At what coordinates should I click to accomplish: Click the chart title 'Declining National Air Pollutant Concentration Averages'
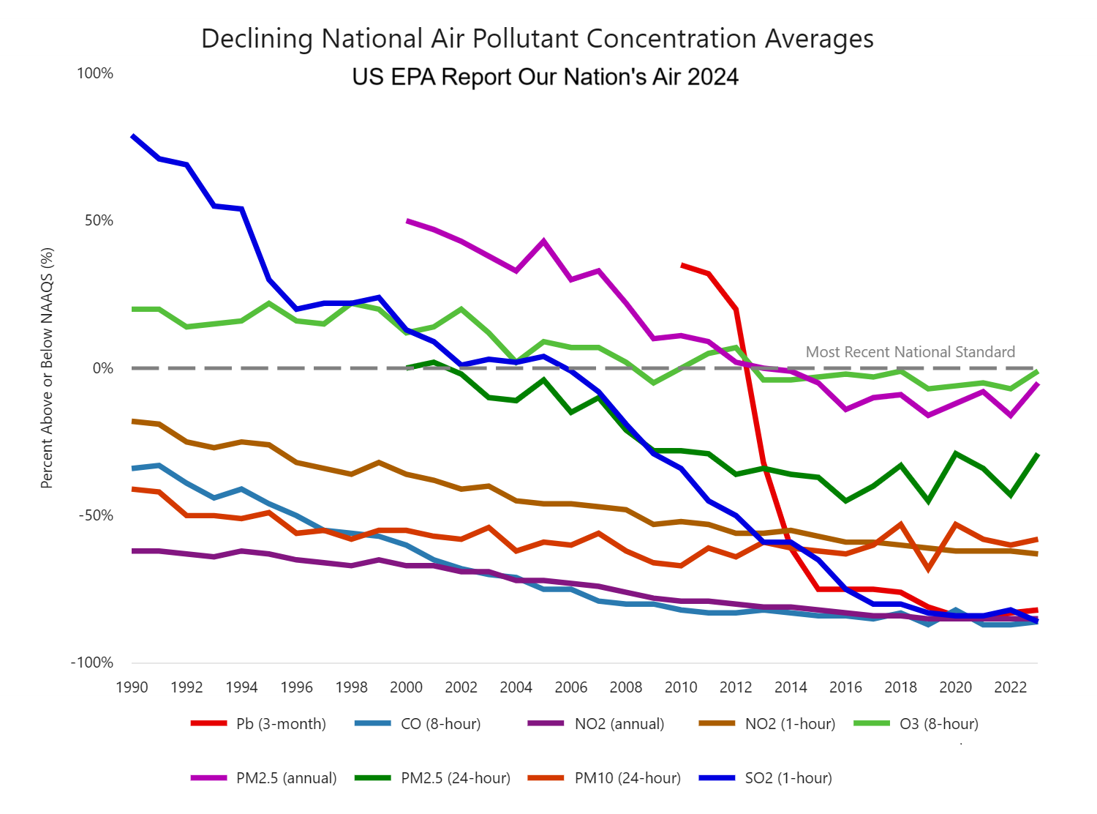click(x=538, y=39)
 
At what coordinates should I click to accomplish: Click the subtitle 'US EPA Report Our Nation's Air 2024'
click(x=545, y=77)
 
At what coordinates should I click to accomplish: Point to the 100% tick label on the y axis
click(x=95, y=73)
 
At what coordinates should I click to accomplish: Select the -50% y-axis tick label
click(x=96, y=515)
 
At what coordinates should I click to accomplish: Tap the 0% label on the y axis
click(x=102, y=368)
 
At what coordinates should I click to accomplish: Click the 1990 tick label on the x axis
click(x=132, y=687)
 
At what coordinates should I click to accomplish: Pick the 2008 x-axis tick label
click(x=626, y=687)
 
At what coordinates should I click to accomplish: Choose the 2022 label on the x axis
click(x=1011, y=687)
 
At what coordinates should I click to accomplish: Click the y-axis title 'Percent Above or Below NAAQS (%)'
click(x=48, y=368)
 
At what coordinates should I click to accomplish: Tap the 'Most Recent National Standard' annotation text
click(x=910, y=352)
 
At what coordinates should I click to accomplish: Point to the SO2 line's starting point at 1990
click(x=132, y=135)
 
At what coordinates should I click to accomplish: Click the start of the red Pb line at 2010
click(x=682, y=264)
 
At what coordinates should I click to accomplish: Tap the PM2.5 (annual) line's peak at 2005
click(x=543, y=240)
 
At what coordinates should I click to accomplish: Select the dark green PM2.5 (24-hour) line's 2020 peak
click(x=956, y=453)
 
